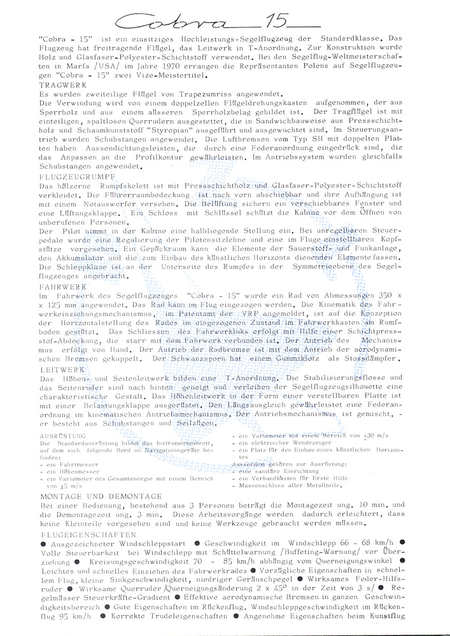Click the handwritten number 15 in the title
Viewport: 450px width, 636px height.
(x=276, y=23)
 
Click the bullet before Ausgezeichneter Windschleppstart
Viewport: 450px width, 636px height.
(x=43, y=545)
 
